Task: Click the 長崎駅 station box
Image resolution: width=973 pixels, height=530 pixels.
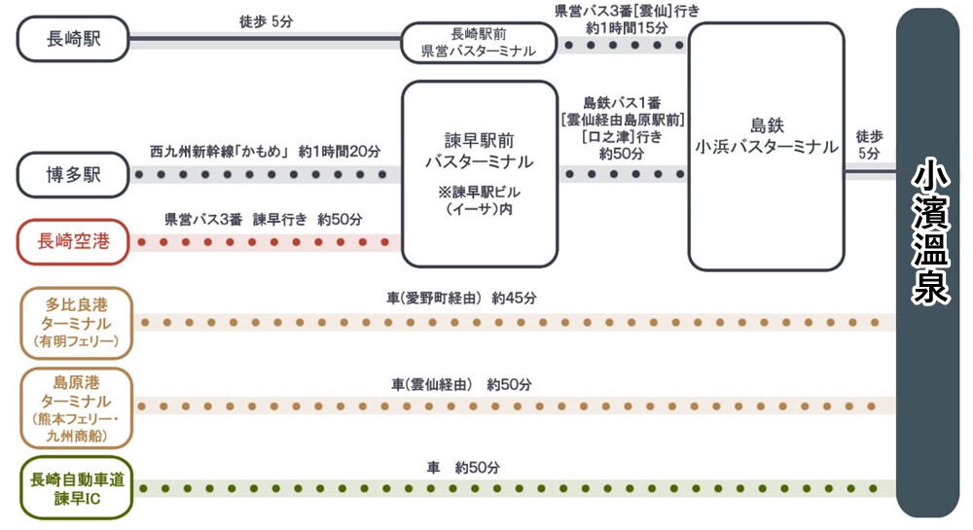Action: pyautogui.click(x=73, y=39)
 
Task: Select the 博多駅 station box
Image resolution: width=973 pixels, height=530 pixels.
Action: pyautogui.click(x=73, y=175)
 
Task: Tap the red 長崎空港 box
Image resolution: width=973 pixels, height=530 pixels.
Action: pyautogui.click(x=73, y=242)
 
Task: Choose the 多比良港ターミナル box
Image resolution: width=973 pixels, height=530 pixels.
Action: pyautogui.click(x=76, y=322)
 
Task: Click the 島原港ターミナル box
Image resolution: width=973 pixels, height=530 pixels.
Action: pyautogui.click(x=76, y=406)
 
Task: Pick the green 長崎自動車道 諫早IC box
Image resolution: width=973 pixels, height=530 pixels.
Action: pyautogui.click(x=76, y=488)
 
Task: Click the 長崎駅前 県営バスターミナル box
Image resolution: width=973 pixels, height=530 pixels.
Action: pyautogui.click(x=478, y=42)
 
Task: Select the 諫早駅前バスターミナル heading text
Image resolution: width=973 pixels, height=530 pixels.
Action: pyautogui.click(x=479, y=150)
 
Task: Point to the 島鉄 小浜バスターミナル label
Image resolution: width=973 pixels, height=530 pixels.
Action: pyautogui.click(x=766, y=136)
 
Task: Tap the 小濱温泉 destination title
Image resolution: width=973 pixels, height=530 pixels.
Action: pyautogui.click(x=931, y=233)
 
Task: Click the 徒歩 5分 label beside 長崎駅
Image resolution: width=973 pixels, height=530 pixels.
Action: pyautogui.click(x=265, y=20)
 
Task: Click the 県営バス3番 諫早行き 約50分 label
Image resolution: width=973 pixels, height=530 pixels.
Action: pyautogui.click(x=264, y=219)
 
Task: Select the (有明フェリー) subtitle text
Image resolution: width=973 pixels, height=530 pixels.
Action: pyautogui.click(x=76, y=341)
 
